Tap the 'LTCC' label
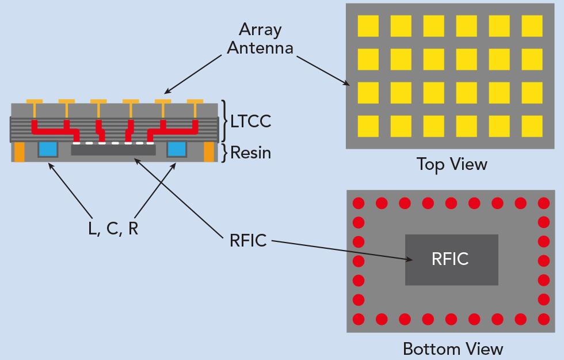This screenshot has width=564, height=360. (250, 122)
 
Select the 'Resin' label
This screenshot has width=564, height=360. (250, 153)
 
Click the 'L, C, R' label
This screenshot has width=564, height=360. (113, 228)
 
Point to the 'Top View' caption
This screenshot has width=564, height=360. (452, 164)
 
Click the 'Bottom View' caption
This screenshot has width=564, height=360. (452, 348)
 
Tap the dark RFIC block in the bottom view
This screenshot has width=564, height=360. (451, 259)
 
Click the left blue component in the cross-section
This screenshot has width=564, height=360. (48, 149)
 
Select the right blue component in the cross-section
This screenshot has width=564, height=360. (176, 149)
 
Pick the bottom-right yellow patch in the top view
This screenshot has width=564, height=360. (532, 126)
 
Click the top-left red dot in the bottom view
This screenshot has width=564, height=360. (358, 203)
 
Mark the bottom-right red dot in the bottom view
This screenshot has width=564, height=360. (543, 319)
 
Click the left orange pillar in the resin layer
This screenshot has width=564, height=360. (20, 151)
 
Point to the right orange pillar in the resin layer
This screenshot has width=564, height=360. (208, 151)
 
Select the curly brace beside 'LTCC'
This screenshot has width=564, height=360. (223, 121)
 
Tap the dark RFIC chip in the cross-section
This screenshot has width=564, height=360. (113, 150)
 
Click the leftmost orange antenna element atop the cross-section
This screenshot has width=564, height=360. (35, 103)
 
